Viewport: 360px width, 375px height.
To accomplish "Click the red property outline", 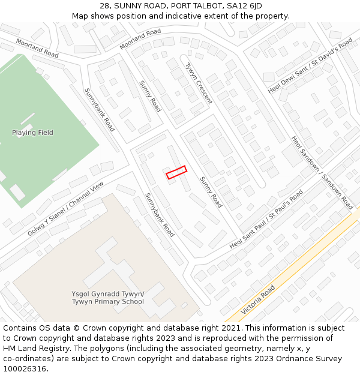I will tap(176, 172).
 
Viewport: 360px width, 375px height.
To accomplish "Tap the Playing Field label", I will tap(32, 133).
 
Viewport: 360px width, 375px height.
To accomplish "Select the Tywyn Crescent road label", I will tap(199, 83).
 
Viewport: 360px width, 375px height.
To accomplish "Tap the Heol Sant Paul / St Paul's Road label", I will tap(266, 221).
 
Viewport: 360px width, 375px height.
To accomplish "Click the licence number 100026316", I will tap(25, 369).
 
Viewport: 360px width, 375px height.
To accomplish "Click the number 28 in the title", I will tap(106, 5).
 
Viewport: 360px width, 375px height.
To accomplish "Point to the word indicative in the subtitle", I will tap(207, 16).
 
